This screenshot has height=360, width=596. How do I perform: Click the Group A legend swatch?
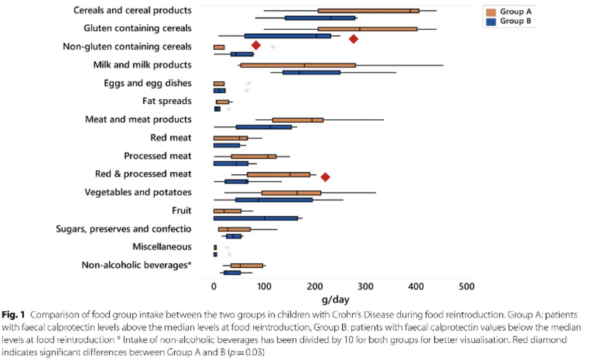(x=491, y=12)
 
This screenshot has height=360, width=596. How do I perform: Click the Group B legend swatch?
(x=491, y=21)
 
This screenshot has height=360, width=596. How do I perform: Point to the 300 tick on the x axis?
(x=366, y=287)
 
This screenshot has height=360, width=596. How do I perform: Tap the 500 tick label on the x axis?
(x=466, y=287)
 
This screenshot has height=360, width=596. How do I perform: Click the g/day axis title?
(x=335, y=300)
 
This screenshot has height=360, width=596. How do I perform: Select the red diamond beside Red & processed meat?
(x=325, y=177)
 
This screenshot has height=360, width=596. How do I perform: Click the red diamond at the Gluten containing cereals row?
(x=353, y=39)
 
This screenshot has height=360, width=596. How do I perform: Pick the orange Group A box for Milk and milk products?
(x=298, y=66)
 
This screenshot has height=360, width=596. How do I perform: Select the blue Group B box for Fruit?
(x=256, y=218)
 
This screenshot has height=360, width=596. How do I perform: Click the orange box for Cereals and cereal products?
(x=369, y=11)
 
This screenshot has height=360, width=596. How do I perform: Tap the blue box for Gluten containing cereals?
(x=288, y=36)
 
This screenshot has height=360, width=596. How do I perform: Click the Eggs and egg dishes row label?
(x=148, y=83)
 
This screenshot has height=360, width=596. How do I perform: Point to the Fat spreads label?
(x=167, y=101)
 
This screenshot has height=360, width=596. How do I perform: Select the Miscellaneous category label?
(x=162, y=247)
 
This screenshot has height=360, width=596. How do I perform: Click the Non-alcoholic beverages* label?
(x=137, y=265)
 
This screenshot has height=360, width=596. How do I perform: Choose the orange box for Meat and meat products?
(x=298, y=120)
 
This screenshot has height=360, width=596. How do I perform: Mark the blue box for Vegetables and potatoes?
(x=274, y=200)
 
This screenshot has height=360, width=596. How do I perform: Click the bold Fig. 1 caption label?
(x=13, y=315)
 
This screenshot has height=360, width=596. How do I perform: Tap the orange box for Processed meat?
(x=254, y=157)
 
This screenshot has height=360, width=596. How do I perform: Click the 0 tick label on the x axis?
(x=214, y=287)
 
